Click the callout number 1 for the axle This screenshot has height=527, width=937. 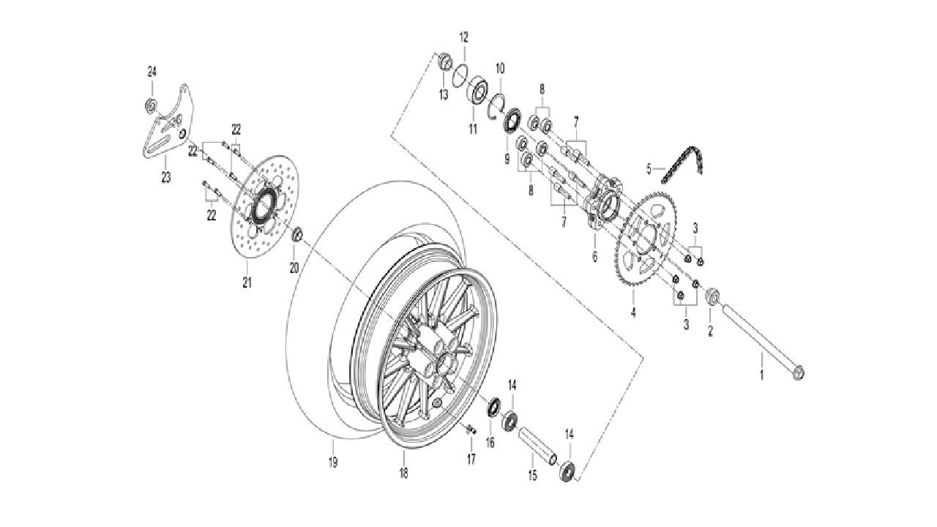761,376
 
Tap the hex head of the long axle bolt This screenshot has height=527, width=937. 799,373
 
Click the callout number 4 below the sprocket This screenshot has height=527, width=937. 634,313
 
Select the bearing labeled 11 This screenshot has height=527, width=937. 479,91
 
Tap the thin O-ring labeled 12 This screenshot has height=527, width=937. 461,74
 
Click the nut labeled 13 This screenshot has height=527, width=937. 444,63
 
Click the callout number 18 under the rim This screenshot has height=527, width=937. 403,473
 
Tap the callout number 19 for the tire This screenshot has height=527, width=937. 332,463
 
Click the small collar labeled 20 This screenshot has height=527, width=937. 298,236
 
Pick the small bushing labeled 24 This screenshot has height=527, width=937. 151,105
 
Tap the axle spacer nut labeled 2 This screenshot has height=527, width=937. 711,297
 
